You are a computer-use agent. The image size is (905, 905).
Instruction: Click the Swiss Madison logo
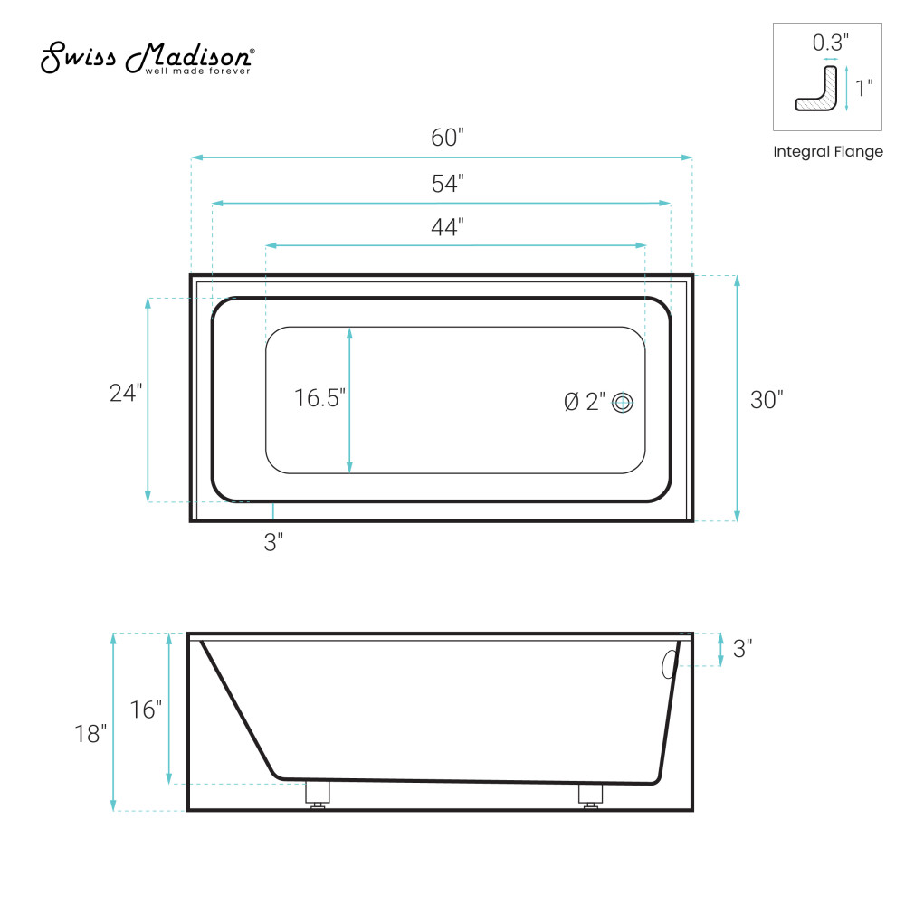point(148,58)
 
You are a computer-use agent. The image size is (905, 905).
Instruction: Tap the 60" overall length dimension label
point(447,138)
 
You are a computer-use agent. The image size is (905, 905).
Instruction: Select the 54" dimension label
point(447,184)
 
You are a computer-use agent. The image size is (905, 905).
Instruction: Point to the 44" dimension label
point(447,227)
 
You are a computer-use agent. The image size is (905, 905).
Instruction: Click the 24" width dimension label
point(126,393)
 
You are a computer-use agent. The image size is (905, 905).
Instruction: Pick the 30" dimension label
point(767,400)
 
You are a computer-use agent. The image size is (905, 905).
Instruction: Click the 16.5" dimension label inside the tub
point(319,398)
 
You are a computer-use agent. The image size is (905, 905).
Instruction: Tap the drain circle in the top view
point(623,403)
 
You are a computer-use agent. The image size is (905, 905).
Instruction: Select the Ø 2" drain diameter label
point(585,402)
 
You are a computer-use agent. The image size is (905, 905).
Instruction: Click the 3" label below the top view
point(273,542)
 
